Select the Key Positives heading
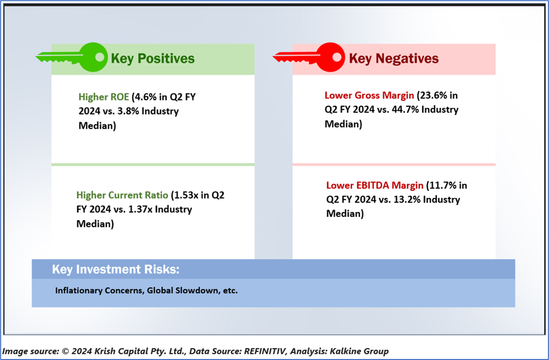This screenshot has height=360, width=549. pyautogui.click(x=152, y=58)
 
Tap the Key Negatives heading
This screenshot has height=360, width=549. pyautogui.click(x=394, y=58)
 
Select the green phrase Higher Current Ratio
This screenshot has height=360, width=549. pyautogui.click(x=122, y=195)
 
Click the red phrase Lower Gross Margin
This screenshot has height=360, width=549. pyautogui.click(x=369, y=95)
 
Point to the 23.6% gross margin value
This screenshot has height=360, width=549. pyautogui.click(x=435, y=95)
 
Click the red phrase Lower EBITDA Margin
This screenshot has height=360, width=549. pyautogui.click(x=375, y=185)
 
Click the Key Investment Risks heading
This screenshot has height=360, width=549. pyautogui.click(x=115, y=270)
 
